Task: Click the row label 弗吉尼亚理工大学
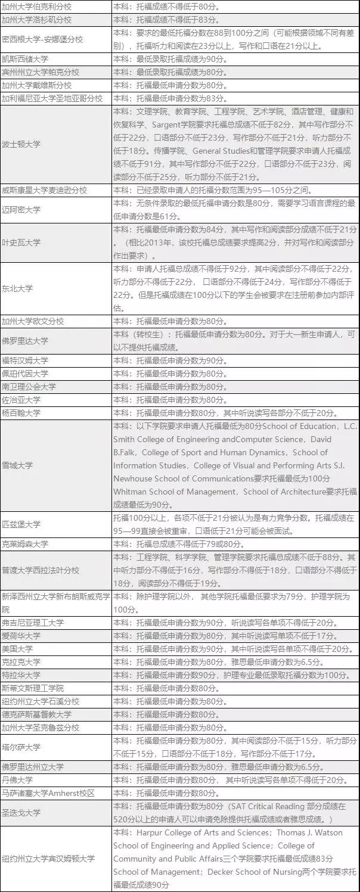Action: [x=33, y=623]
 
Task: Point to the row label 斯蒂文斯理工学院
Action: [x=33, y=688]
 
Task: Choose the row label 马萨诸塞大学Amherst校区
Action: [x=48, y=793]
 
